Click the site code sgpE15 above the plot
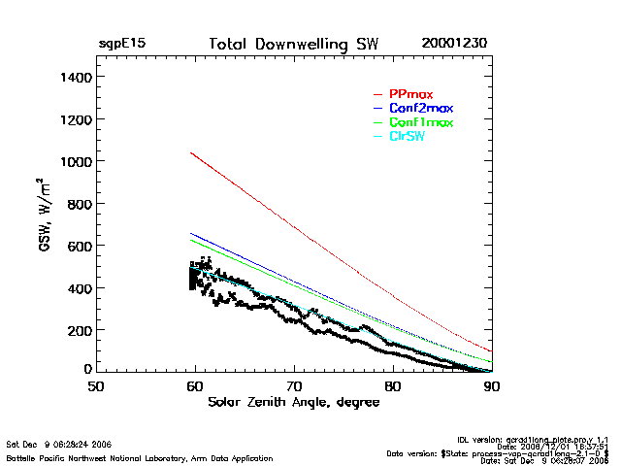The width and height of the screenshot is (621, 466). click(x=122, y=45)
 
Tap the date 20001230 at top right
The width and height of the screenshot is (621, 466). click(x=454, y=45)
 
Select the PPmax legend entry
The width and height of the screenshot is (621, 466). click(x=410, y=94)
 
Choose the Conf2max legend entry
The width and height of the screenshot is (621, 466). click(x=420, y=108)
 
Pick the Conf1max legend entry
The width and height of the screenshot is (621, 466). click(x=420, y=122)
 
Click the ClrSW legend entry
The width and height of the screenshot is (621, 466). click(x=407, y=137)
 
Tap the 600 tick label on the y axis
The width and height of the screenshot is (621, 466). click(x=78, y=246)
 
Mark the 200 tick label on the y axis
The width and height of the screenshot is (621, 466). click(x=78, y=330)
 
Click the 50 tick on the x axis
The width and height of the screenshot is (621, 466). click(x=96, y=386)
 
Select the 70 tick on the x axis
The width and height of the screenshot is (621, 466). click(x=293, y=386)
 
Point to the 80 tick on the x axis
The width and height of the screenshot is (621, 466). click(x=392, y=386)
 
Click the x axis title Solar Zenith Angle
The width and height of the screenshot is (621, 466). click(x=291, y=402)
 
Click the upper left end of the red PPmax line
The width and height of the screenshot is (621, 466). click(x=192, y=152)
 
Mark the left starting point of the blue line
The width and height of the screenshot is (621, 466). click(x=192, y=233)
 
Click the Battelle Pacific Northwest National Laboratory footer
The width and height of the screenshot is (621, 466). click(x=140, y=457)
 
